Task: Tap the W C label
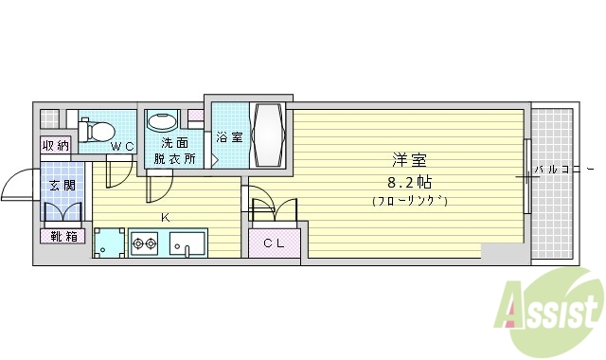point(122,146)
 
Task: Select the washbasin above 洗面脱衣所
point(162,123)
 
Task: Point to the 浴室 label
point(229,138)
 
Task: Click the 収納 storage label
point(55,146)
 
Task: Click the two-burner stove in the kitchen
point(145,243)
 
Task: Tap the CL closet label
point(275,243)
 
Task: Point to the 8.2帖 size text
point(408,181)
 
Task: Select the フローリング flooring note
point(408,201)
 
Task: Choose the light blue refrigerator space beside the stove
point(111,243)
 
